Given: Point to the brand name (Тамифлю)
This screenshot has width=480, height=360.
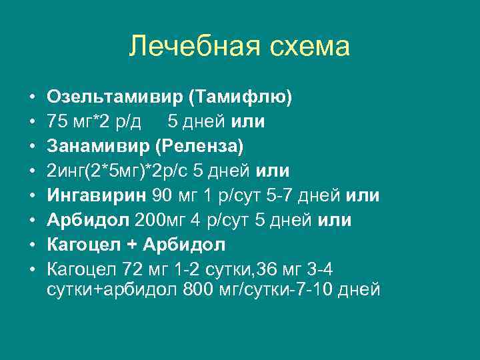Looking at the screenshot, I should pos(241,97).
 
